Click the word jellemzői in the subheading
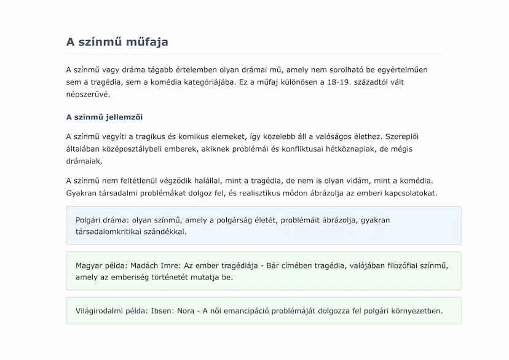(124, 117)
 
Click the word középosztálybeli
(135, 149)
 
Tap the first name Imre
(175, 265)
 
